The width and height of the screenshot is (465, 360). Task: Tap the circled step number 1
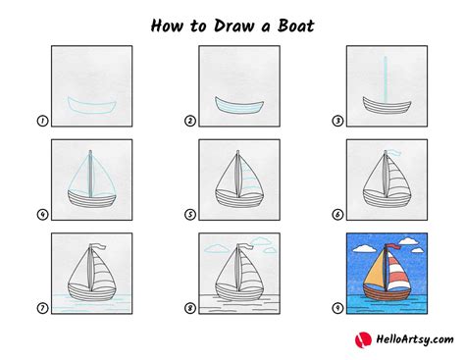[42, 122]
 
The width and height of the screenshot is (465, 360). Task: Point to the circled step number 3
[337, 122]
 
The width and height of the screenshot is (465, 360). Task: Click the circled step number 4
[42, 215]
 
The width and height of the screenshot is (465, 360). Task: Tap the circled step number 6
[337, 215]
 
